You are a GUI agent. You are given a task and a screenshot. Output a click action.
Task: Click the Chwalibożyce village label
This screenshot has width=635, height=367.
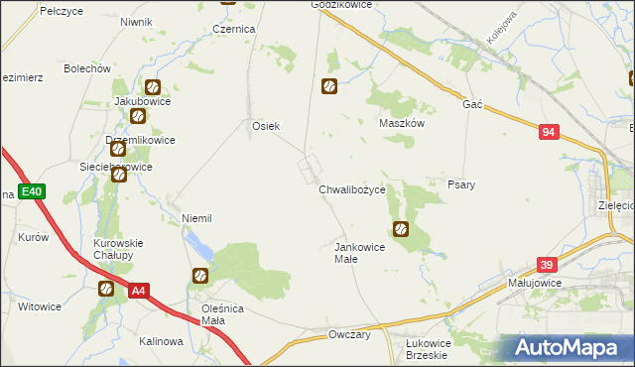(x=358, y=189)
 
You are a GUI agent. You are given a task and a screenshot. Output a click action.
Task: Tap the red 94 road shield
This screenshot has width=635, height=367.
(x=550, y=132)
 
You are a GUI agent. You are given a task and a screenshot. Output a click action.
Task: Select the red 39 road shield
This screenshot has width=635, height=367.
(x=547, y=265)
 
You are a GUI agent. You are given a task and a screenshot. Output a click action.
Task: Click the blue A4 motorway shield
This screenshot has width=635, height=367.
(x=140, y=291)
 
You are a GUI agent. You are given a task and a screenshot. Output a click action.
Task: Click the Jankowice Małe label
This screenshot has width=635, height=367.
(x=359, y=252)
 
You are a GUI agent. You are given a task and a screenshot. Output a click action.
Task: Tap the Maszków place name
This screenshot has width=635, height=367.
(x=402, y=123)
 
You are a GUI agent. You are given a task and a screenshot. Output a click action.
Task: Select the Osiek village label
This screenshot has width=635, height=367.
(x=266, y=126)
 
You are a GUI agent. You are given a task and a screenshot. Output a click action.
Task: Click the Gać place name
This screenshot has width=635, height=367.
(x=471, y=104)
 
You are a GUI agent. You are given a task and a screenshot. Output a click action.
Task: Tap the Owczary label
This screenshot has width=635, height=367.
(x=349, y=335)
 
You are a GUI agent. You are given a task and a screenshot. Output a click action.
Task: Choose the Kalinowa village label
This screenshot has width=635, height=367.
(x=162, y=341)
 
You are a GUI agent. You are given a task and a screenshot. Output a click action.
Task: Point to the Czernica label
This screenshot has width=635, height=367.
(x=234, y=30)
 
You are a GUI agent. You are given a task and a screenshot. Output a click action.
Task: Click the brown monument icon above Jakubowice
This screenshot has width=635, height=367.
(x=152, y=87)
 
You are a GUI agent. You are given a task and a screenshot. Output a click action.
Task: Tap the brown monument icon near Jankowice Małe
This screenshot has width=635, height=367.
(x=401, y=230)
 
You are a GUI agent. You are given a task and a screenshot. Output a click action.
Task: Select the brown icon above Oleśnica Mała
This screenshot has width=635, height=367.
(x=199, y=275)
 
